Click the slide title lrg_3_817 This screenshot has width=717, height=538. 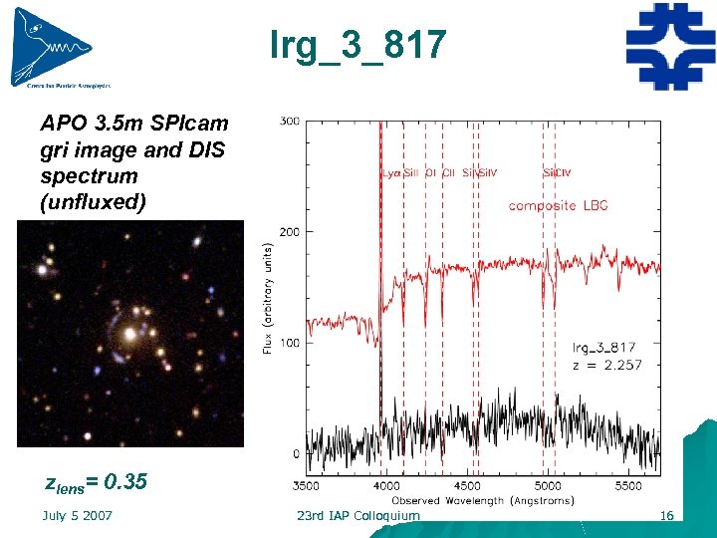(358, 44)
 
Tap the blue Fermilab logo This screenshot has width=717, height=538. (670, 46)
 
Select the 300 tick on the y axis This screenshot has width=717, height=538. (290, 122)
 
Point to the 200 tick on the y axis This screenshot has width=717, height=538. (289, 232)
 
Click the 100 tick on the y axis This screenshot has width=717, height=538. (289, 343)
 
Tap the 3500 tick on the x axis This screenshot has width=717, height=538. (307, 486)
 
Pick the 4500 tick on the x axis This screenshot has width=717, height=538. (466, 486)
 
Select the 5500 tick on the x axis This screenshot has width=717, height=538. (627, 486)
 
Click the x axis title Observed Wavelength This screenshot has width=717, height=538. (482, 500)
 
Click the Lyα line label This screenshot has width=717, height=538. (391, 172)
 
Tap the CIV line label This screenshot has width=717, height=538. (563, 172)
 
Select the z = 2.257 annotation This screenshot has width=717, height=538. (606, 365)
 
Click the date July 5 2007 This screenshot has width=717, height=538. (77, 515)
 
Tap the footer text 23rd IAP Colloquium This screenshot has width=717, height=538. (358, 515)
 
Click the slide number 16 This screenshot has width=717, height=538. (666, 515)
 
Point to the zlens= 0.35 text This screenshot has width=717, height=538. (97, 483)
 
